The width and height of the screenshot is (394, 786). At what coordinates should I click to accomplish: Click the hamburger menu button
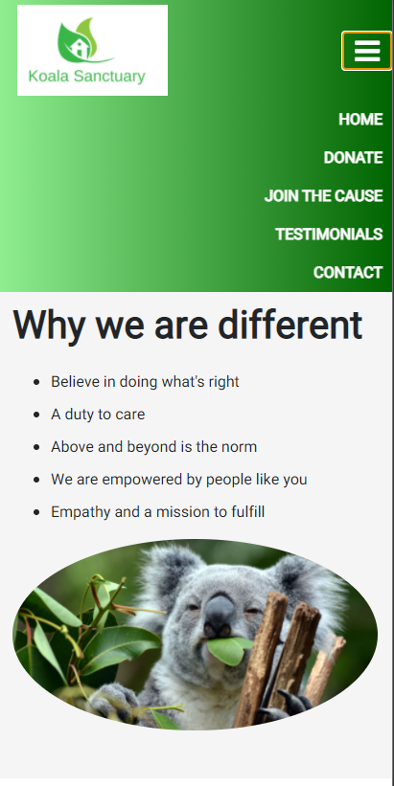(366, 51)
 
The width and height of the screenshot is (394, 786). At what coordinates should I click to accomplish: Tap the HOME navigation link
(359, 120)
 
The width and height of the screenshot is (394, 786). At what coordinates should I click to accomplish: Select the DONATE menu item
(352, 158)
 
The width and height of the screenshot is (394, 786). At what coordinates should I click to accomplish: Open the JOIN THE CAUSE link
(323, 196)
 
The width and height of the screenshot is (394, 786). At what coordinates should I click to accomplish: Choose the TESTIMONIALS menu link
(328, 235)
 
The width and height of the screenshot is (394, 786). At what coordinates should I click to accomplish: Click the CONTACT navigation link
(347, 273)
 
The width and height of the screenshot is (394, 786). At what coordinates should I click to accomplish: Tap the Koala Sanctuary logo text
(86, 77)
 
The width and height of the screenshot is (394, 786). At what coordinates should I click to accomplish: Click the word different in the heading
(290, 326)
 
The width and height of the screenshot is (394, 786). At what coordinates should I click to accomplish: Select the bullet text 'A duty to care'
(98, 415)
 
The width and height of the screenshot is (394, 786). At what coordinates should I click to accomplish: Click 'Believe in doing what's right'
(145, 382)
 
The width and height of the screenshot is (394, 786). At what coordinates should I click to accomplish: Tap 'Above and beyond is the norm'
(153, 447)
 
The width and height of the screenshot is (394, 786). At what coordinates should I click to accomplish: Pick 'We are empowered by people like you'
(178, 480)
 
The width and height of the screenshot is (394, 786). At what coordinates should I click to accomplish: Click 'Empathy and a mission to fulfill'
(157, 512)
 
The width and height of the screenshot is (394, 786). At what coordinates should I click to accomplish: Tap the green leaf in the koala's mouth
(227, 651)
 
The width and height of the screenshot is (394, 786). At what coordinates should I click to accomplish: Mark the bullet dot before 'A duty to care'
(36, 415)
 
